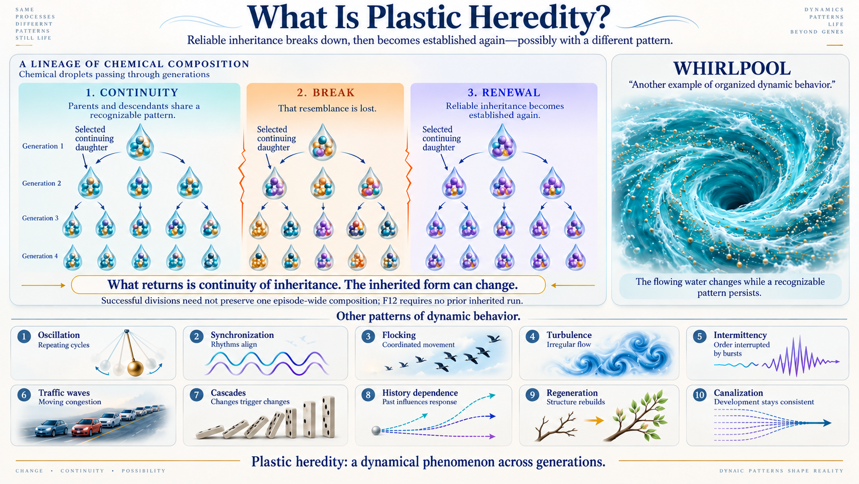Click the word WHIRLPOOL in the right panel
click(x=732, y=69)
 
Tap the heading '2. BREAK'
click(x=326, y=93)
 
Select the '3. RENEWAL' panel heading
click(x=504, y=93)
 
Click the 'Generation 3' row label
click(x=40, y=218)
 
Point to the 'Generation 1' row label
click(x=43, y=146)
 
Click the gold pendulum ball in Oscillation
click(x=135, y=368)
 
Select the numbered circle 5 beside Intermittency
click(x=699, y=336)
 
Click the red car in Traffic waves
click(x=87, y=427)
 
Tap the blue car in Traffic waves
click(x=51, y=428)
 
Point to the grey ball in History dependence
click(x=376, y=431)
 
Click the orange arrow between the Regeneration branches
click(x=594, y=421)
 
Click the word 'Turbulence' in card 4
click(x=569, y=335)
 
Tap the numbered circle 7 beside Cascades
click(x=196, y=395)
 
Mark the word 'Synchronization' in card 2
click(x=242, y=335)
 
